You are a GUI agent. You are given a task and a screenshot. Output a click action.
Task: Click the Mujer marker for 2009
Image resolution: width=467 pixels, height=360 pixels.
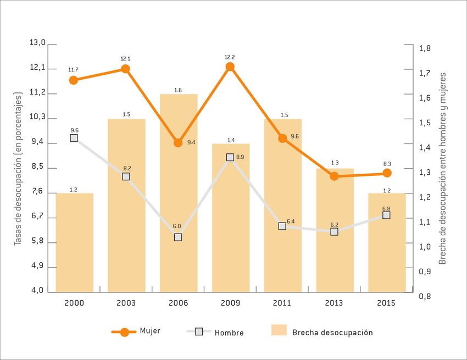click(x=230, y=67)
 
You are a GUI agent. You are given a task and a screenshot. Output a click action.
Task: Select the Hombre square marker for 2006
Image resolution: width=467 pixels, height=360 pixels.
click(x=178, y=237)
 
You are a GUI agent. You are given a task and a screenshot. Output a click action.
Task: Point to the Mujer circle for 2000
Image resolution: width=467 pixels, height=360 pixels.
click(x=74, y=80)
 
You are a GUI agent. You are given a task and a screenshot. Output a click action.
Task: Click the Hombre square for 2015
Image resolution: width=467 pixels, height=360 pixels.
click(x=386, y=215)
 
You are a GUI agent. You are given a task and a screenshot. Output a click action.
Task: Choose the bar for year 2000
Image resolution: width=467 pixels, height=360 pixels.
click(x=74, y=242)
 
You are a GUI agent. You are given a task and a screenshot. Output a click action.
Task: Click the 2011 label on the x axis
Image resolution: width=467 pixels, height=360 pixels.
click(x=282, y=303)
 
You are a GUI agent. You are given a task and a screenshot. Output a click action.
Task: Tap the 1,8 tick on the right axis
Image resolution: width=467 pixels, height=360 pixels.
click(x=425, y=48)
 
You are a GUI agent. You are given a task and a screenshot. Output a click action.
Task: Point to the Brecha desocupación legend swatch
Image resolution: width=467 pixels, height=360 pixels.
click(x=279, y=330)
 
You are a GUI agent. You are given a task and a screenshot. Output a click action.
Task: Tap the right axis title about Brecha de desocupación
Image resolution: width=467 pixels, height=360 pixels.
click(x=443, y=168)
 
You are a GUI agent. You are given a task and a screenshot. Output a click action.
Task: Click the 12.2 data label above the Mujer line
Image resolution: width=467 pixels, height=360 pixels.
click(x=230, y=57)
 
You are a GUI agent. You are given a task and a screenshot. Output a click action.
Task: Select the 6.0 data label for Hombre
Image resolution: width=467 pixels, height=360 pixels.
click(x=176, y=226)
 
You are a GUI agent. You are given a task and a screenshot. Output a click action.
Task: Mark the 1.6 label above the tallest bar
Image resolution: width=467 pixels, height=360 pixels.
click(x=178, y=90)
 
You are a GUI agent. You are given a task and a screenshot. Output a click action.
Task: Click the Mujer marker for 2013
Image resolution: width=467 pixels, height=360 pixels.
click(x=334, y=176)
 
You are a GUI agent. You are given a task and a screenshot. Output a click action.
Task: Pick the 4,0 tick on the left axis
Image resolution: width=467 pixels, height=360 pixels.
click(x=37, y=291)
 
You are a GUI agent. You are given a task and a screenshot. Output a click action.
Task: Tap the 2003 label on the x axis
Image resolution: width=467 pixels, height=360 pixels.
click(x=126, y=303)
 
